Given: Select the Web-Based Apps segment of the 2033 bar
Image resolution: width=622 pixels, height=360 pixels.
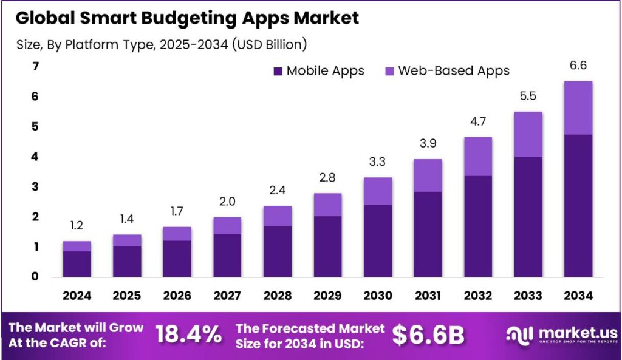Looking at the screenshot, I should tap(527, 134).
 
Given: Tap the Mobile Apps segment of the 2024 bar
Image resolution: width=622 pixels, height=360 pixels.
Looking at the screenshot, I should tap(77, 263).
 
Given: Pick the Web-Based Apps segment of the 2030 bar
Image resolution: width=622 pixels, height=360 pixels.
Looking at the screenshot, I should tap(377, 191).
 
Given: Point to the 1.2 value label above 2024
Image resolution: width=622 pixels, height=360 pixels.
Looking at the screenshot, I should tap(77, 226).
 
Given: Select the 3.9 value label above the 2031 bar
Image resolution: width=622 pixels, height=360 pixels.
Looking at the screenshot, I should tap(427, 143).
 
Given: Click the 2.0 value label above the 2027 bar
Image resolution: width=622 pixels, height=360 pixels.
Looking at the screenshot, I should tap(227, 202).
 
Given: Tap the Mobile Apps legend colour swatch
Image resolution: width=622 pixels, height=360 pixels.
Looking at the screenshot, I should tap(278, 71).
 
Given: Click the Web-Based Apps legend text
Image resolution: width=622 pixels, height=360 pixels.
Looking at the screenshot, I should tap(454, 70).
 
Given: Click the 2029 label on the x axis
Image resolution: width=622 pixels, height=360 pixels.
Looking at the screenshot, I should tap(327, 296).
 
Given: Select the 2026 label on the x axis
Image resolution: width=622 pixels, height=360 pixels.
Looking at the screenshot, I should tap(177, 296).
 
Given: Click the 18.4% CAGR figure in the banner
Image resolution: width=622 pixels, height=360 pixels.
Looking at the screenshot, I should tap(188, 335).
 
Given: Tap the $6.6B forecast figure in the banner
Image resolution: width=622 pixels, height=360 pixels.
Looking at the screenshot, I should tap(428, 335).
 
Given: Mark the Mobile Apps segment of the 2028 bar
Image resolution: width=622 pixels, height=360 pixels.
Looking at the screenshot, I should tap(277, 251).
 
